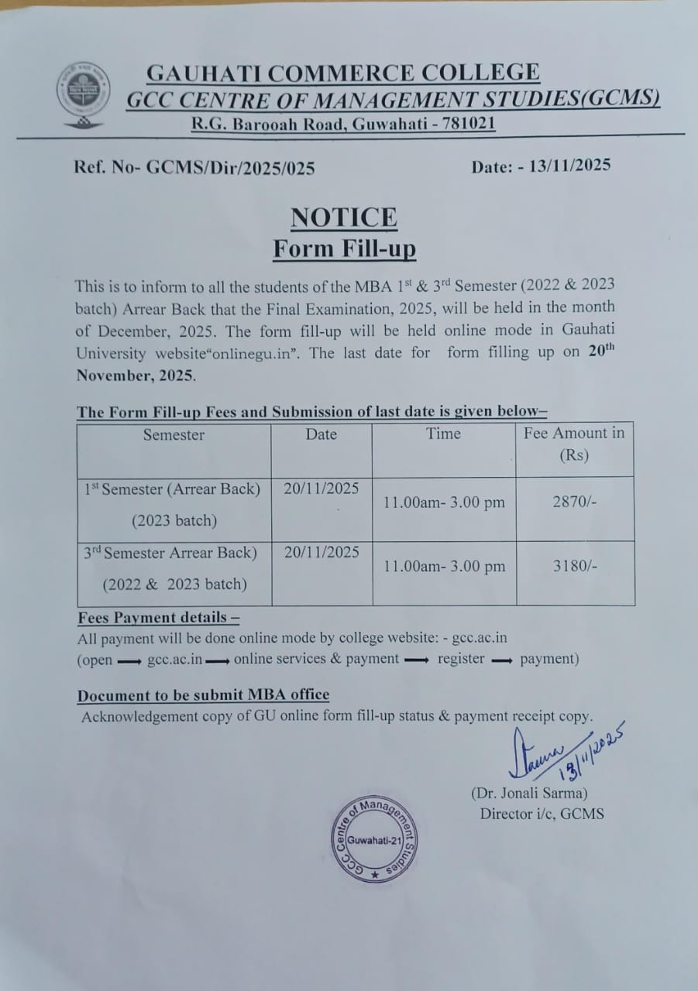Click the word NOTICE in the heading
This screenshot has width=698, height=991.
pos(343,218)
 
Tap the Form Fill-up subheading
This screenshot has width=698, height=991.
pos(344,249)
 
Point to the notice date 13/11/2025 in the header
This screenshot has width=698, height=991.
pos(570,165)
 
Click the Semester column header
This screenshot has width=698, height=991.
pos(174,435)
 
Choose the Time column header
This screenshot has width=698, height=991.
pos(443,434)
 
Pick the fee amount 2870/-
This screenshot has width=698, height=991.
pos(575,502)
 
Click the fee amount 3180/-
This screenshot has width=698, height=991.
pos(575,566)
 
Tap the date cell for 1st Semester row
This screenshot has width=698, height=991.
pos(321,489)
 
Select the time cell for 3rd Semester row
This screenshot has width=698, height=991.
pos(444,567)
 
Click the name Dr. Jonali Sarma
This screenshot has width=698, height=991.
pos(529,793)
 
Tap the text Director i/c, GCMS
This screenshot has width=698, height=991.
pos(542,814)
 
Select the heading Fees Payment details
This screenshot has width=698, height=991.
pos(158,618)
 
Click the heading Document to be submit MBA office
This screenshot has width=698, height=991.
pos(203,695)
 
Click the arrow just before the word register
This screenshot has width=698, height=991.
pos(417,660)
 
